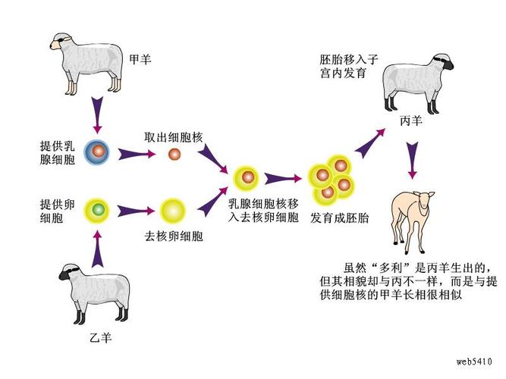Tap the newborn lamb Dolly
(413, 216)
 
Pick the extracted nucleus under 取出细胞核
(174, 155)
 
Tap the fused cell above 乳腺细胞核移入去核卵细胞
(246, 179)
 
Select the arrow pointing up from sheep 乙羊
(96, 246)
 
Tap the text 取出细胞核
(172, 137)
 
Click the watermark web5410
(475, 361)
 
